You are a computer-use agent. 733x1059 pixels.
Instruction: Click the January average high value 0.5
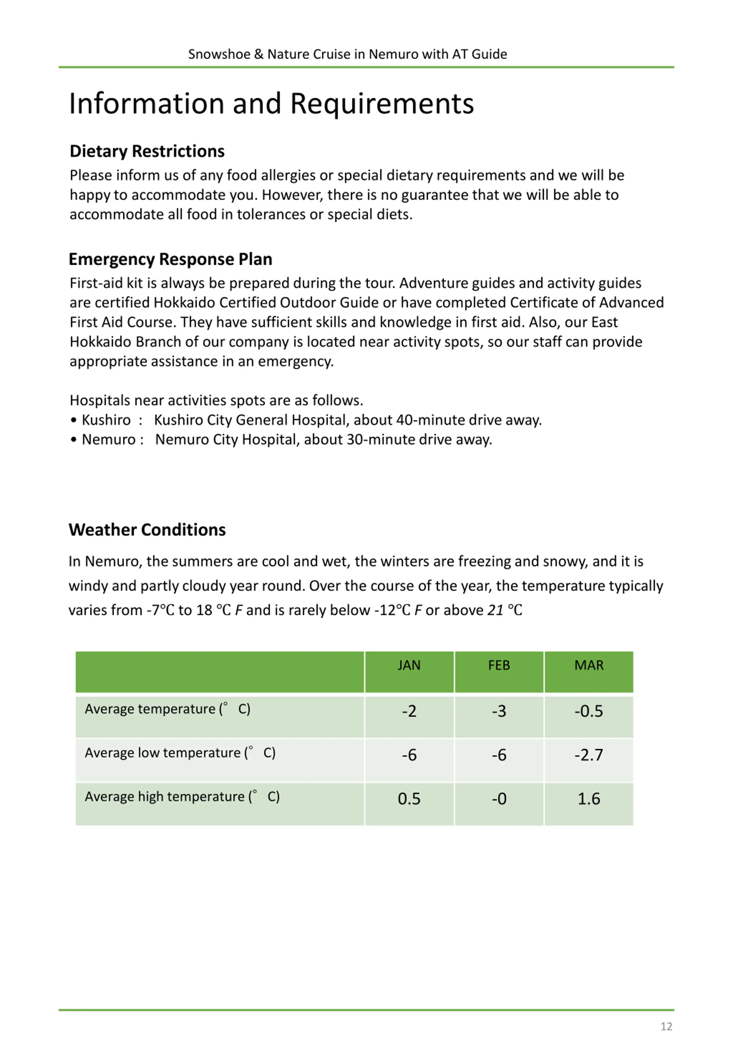pos(409,799)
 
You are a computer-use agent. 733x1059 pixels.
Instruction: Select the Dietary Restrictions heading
pos(147,151)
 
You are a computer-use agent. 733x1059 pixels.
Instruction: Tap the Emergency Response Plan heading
pos(170,259)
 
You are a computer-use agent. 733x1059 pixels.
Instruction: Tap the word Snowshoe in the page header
pos(219,54)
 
